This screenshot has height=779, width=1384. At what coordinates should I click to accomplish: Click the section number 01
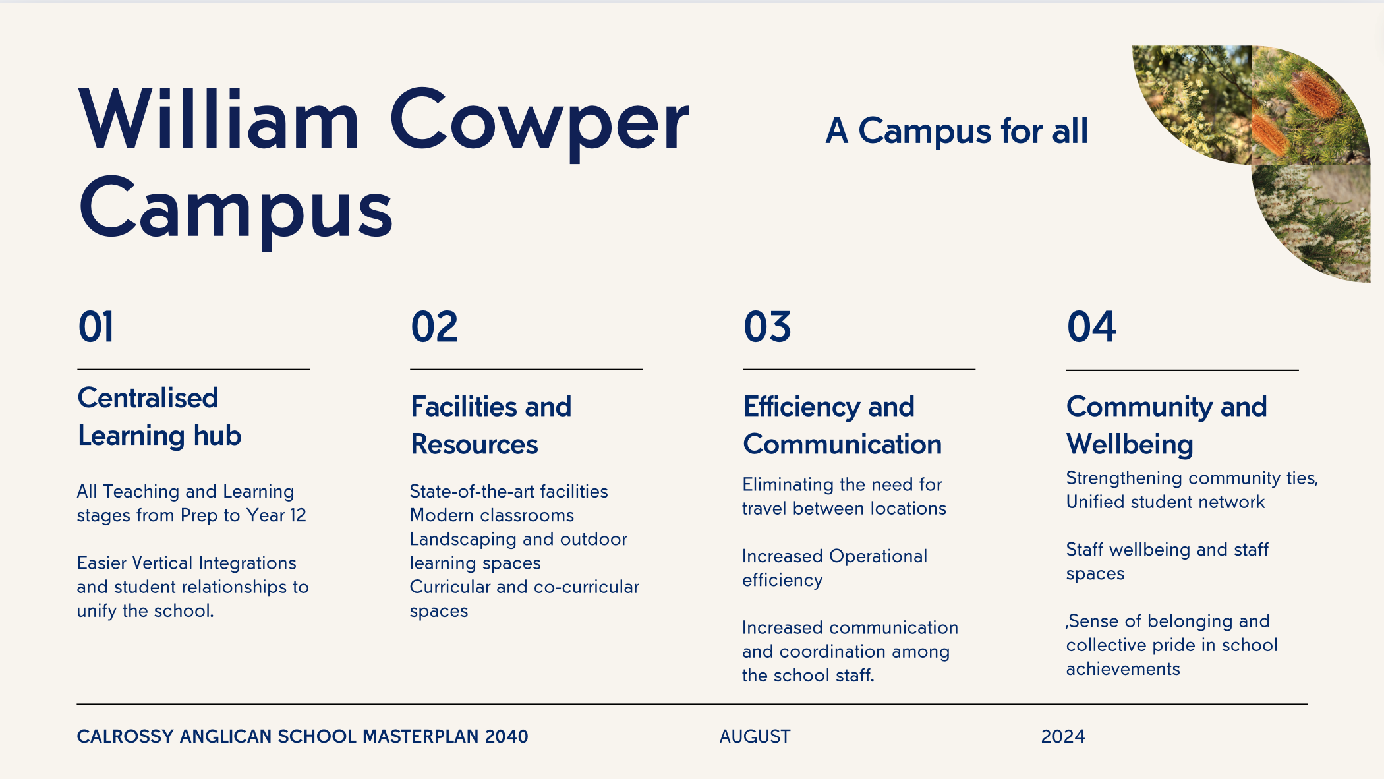click(x=96, y=327)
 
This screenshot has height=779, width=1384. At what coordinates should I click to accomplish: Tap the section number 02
click(x=434, y=327)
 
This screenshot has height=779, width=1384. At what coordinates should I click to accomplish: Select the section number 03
click(x=767, y=327)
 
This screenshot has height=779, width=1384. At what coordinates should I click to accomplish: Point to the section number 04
click(x=1091, y=327)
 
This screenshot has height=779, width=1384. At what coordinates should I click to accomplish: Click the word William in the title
click(x=219, y=119)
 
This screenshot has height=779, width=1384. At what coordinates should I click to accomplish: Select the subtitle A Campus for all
click(x=956, y=130)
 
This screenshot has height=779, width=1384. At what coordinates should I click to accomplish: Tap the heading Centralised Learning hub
click(x=160, y=417)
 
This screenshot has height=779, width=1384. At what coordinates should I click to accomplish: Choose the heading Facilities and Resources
click(x=491, y=425)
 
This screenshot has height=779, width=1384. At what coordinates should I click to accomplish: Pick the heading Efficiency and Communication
click(x=842, y=425)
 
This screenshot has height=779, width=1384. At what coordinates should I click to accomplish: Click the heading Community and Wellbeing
click(x=1167, y=425)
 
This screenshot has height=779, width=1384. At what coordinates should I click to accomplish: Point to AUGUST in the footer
click(x=755, y=736)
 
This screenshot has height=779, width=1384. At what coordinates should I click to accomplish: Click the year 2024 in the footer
click(x=1063, y=736)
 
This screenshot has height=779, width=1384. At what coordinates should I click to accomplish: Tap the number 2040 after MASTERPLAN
click(x=506, y=736)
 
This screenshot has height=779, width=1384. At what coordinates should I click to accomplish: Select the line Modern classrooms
click(x=492, y=515)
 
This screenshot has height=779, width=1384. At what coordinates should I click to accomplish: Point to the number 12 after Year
click(x=298, y=515)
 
